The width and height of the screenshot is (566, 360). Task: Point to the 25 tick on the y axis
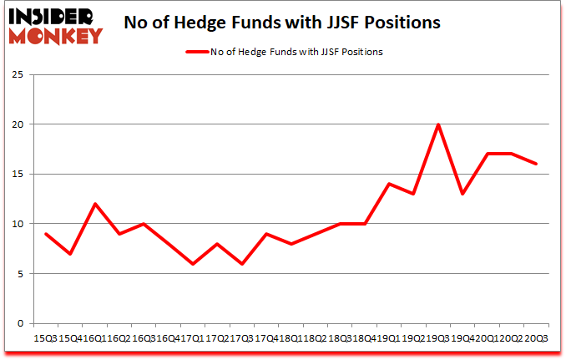(16, 74)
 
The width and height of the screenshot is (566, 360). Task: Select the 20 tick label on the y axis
(16, 124)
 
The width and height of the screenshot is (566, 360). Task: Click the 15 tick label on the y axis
(16, 175)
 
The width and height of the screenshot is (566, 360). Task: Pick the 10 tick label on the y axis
(16, 224)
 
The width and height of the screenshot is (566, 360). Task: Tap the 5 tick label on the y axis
(18, 274)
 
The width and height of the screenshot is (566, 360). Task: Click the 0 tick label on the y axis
(18, 324)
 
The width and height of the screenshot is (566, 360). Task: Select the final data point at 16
(536, 165)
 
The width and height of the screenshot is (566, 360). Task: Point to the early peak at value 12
(97, 204)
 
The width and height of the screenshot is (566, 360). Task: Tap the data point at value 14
(389, 184)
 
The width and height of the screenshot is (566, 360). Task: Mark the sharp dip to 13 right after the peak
(462, 194)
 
